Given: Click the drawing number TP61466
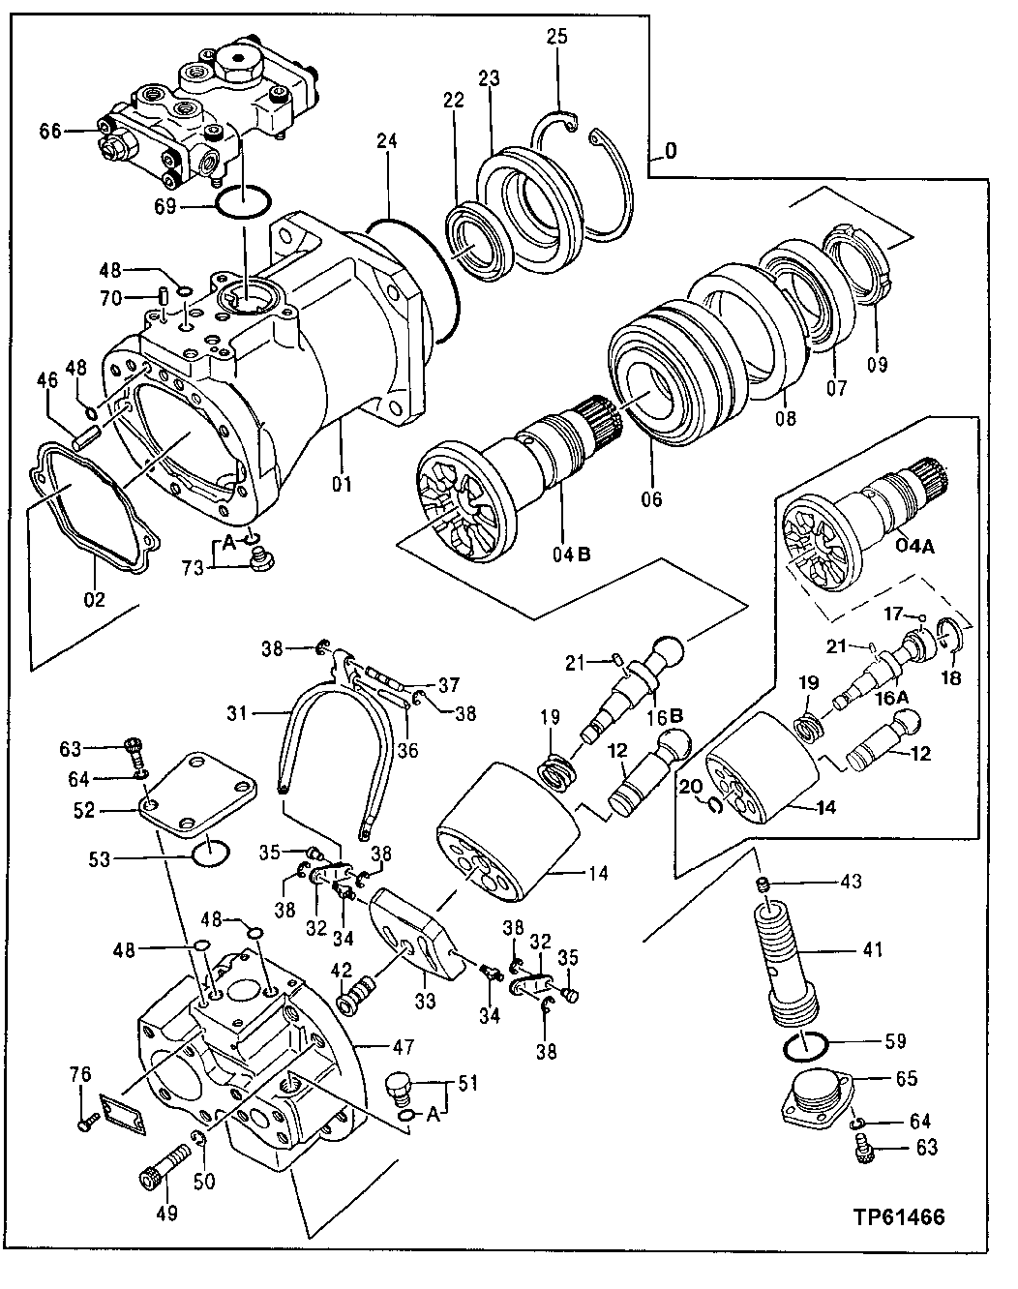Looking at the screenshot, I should pos(898,1216).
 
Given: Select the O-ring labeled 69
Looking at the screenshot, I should pos(242,204).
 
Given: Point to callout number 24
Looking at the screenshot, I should pos(387,141).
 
